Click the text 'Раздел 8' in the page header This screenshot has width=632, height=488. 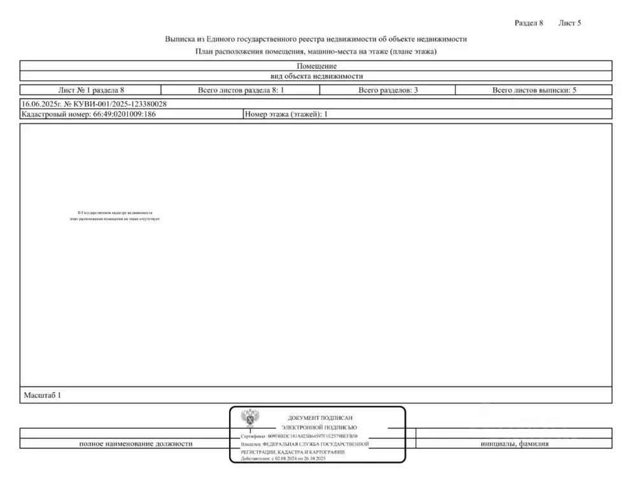pyautogui.click(x=528, y=23)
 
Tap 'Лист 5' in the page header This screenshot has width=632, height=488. pyautogui.click(x=570, y=23)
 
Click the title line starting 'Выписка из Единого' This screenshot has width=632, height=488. pyautogui.click(x=316, y=39)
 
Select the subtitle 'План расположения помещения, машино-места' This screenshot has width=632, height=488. pyautogui.click(x=316, y=52)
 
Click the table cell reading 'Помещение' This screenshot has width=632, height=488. pyautogui.click(x=316, y=66)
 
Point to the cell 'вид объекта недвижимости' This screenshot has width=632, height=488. pyautogui.click(x=316, y=76)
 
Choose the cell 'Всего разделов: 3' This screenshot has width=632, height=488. pyautogui.click(x=388, y=90)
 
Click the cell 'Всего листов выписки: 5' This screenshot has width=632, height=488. pyautogui.click(x=534, y=90)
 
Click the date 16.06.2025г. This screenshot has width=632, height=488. pyautogui.click(x=39, y=104)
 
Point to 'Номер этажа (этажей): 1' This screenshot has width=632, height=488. pyautogui.click(x=286, y=115)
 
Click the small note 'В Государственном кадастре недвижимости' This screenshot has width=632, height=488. pyautogui.click(x=115, y=213)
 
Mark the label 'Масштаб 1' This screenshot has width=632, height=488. pyautogui.click(x=42, y=396)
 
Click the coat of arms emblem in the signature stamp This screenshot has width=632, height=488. pyautogui.click(x=249, y=419)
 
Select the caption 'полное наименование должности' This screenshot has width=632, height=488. pyautogui.click(x=136, y=443)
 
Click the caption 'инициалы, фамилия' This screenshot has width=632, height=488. pyautogui.click(x=514, y=443)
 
